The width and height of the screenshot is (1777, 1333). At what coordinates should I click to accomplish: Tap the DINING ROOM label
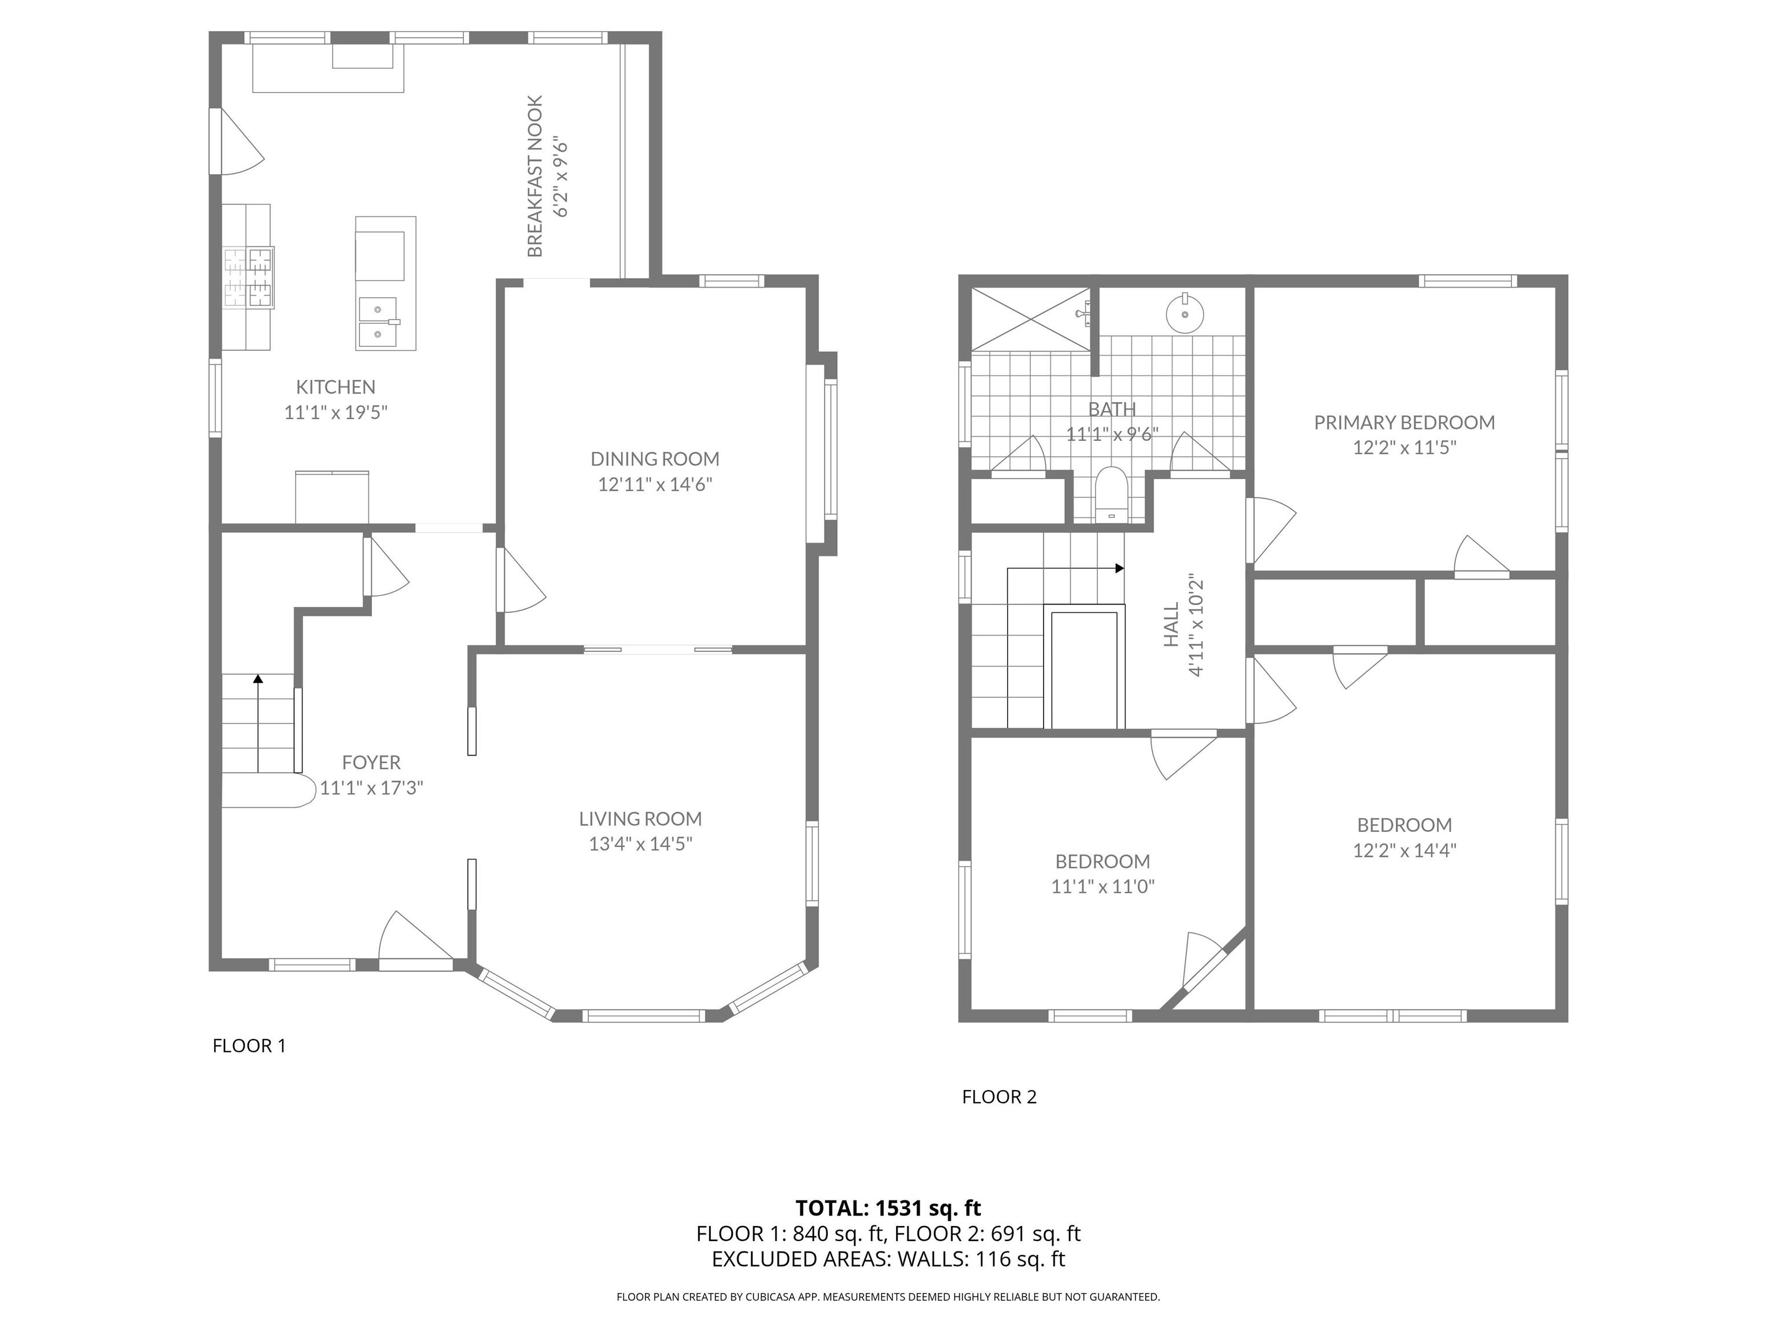tap(655, 459)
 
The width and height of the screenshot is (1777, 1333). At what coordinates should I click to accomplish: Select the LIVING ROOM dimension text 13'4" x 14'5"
tap(640, 844)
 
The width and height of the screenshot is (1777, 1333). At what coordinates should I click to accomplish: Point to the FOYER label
tap(371, 763)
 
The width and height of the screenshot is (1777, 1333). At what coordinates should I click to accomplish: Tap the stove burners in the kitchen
tap(249, 277)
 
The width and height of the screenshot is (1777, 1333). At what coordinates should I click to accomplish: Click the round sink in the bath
tap(1185, 312)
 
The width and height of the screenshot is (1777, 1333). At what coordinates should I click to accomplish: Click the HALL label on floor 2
tap(1171, 624)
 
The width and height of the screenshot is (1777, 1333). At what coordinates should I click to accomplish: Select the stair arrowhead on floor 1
tap(258, 679)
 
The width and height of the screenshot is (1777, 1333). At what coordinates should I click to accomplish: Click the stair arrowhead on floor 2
tap(1119, 568)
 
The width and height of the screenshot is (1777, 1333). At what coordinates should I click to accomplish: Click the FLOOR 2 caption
tap(1000, 1097)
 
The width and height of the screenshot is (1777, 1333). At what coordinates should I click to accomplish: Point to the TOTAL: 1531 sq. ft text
tap(888, 1207)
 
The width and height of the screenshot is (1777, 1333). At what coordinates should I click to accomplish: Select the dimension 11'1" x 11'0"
tap(1103, 886)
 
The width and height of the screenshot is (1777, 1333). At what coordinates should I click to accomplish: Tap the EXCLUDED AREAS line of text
tap(888, 1258)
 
